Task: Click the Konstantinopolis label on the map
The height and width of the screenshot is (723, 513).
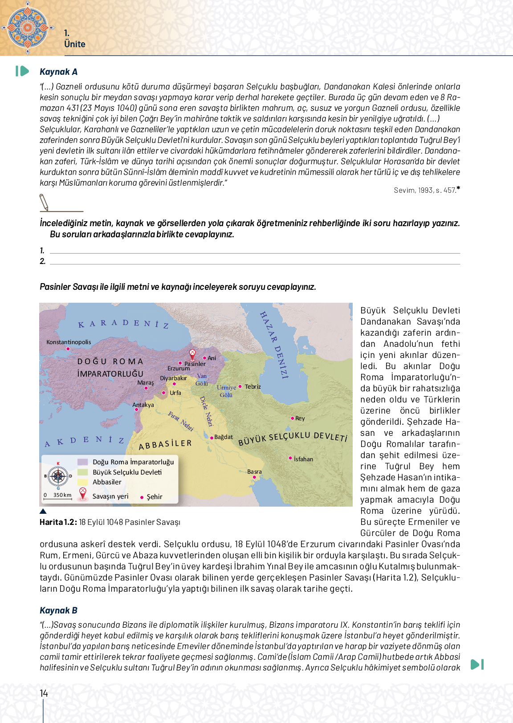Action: (69, 342)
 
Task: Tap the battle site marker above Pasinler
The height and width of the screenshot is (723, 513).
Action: (192, 354)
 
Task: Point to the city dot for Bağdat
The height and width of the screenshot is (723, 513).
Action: (212, 438)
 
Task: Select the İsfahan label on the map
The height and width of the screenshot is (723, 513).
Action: (303, 459)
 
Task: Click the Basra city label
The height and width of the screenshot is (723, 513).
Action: (254, 471)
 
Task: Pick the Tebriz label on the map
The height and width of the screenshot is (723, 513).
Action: (252, 386)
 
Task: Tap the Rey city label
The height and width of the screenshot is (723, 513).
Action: (300, 418)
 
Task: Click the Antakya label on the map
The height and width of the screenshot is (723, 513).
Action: (143, 405)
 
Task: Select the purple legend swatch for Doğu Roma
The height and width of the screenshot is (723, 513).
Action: (82, 462)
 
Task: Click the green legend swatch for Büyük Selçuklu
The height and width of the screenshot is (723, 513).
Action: (82, 472)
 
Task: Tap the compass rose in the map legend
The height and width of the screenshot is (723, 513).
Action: (58, 476)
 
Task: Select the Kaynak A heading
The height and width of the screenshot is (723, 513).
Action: (58, 72)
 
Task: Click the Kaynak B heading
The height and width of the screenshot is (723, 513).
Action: (58, 610)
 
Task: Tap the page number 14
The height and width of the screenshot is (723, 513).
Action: (44, 693)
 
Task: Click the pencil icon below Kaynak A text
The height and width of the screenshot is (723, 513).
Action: (44, 202)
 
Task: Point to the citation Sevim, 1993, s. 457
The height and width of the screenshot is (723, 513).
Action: (425, 190)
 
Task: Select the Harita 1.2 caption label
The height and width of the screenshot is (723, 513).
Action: (58, 522)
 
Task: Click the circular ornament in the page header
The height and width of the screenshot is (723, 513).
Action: (28, 28)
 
